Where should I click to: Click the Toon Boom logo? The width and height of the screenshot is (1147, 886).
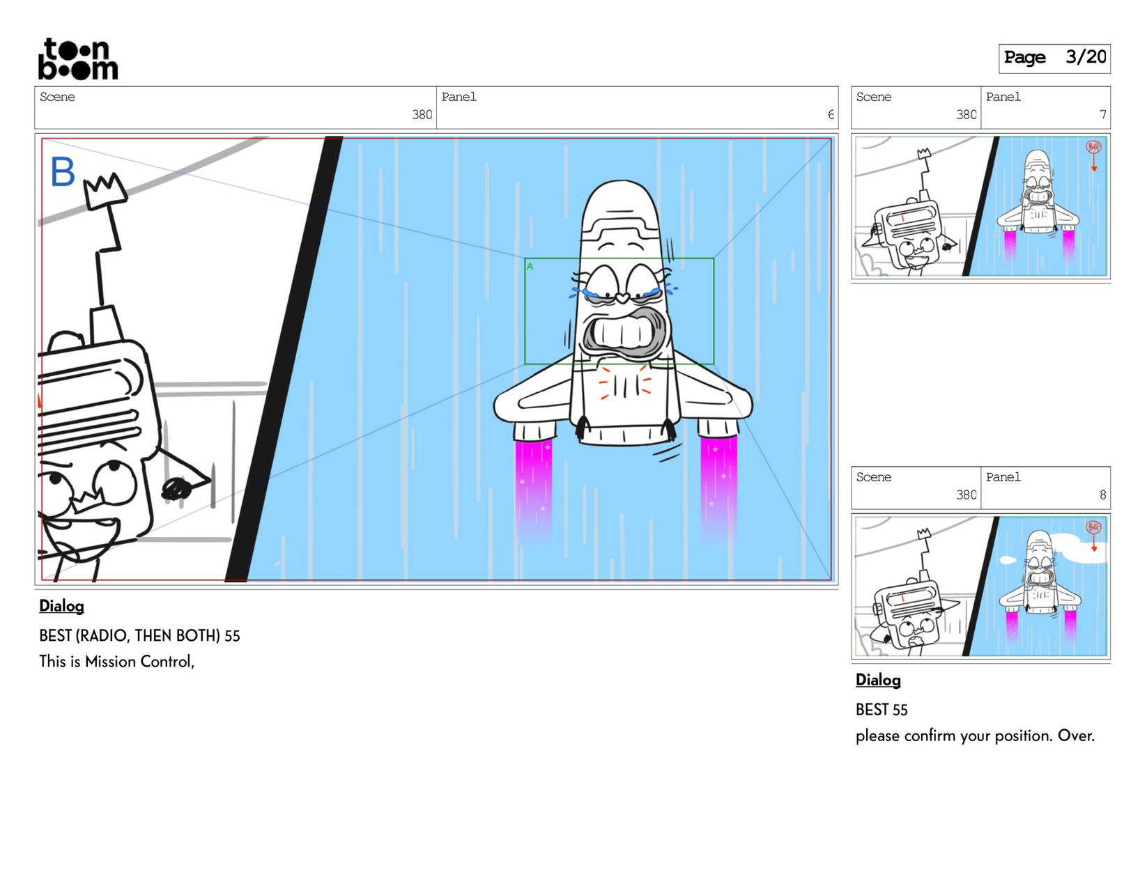77,59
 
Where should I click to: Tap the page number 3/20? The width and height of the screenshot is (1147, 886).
1085,57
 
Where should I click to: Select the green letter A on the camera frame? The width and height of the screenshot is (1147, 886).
530,266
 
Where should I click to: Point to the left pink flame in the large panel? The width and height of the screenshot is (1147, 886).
533,484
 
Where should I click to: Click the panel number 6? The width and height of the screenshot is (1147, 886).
831,115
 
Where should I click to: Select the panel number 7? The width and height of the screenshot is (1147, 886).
1102,115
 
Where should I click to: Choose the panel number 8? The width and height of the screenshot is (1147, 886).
1102,495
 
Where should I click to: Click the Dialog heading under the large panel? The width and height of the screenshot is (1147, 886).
61,606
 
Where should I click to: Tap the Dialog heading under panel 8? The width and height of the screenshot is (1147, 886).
878,680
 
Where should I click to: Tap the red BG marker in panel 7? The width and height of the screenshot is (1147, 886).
1093,147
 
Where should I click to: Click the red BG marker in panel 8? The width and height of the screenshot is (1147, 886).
1093,527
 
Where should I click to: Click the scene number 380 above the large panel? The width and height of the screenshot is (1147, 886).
422,115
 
